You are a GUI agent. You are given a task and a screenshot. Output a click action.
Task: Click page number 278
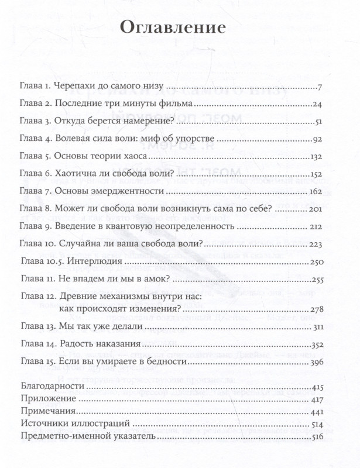pos(317,309)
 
